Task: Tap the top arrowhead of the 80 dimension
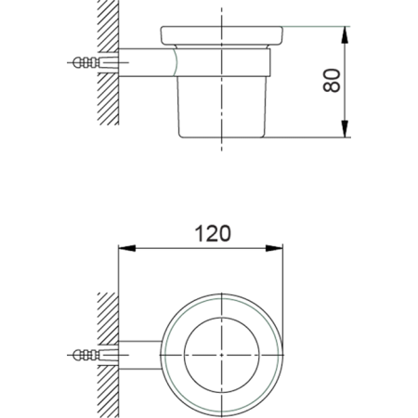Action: (346, 33)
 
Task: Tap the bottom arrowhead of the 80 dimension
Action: (346, 131)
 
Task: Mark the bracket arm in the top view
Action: (139, 354)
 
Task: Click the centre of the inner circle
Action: (221, 354)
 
